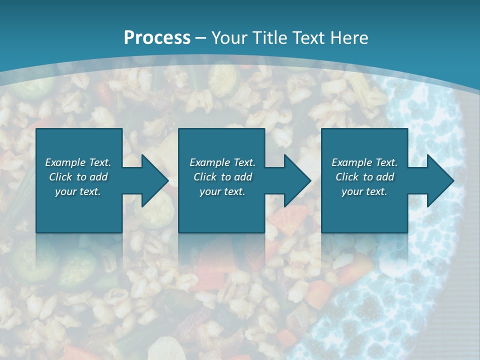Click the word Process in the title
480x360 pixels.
[157, 38]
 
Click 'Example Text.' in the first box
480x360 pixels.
[78, 162]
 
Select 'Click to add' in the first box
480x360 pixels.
[78, 177]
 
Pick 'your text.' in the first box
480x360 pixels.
[78, 191]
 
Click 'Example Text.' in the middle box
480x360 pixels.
[222, 162]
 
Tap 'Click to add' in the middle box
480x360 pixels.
[222, 177]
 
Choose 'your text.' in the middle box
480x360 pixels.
[222, 191]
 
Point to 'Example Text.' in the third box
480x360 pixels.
[364, 162]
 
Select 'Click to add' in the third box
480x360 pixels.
[364, 177]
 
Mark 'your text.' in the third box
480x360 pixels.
[364, 191]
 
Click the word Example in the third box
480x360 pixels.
[352, 162]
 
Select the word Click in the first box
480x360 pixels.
[61, 177]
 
